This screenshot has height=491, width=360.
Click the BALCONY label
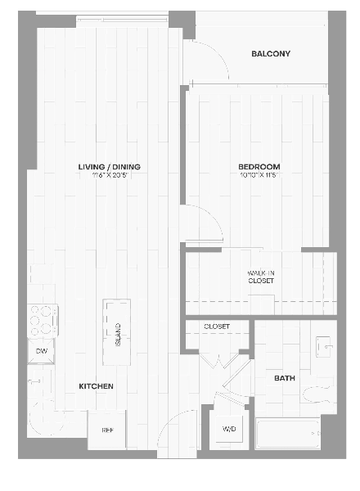coord(271,54)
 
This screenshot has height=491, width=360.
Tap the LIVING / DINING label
coord(109,167)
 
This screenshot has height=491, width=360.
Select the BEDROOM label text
coord(260,167)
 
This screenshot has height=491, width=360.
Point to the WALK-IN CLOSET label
coord(260,277)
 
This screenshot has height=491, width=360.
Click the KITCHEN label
coord(96,385)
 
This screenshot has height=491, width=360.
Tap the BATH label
coord(284,378)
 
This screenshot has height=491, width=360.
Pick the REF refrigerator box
coord(107,428)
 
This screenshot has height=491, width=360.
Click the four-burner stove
coord(43,320)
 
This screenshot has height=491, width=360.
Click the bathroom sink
coord(324,347)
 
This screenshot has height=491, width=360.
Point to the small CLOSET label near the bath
coord(217,326)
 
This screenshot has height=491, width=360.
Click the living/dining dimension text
coord(109,175)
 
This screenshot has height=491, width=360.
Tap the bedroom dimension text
coord(260,175)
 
